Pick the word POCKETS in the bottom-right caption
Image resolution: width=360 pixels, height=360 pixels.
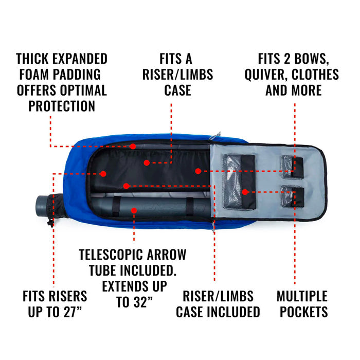point(303,312)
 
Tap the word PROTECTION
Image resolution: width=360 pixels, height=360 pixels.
point(62,106)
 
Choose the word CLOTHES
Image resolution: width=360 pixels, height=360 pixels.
point(315,75)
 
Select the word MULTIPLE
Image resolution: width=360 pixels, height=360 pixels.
point(302,296)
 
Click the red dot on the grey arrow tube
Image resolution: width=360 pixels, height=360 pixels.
point(134,210)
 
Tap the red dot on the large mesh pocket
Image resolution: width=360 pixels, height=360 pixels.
point(245,192)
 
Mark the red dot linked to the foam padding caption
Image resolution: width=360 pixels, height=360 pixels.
point(133,146)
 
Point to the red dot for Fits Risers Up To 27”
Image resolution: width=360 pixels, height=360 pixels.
point(103,174)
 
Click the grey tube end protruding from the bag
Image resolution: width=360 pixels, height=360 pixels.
point(43,206)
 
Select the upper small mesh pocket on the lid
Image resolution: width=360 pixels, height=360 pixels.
point(292,167)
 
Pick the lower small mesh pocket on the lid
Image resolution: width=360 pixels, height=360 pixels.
point(292,196)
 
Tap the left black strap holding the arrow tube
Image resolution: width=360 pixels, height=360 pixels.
point(116,206)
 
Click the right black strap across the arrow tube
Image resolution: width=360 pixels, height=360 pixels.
point(190,207)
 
